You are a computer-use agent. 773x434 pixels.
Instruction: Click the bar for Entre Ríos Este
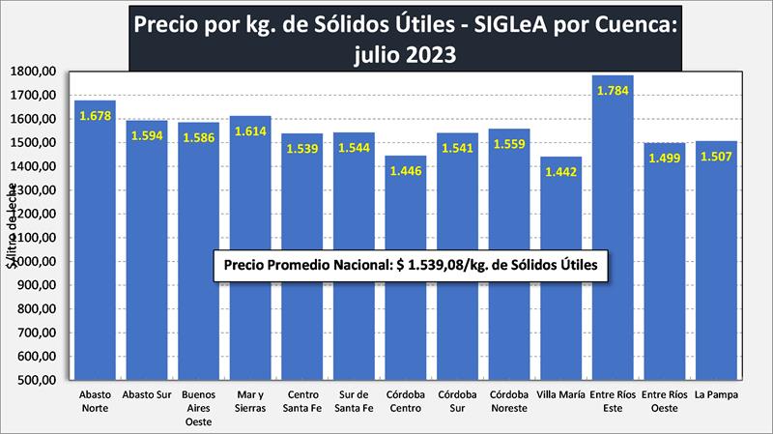pyautogui.click(x=613, y=232)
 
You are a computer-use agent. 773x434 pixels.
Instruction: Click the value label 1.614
pyautogui.click(x=250, y=131)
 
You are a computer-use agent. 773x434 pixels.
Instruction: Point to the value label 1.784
pyautogui.click(x=613, y=92)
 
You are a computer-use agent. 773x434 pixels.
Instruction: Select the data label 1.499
pyautogui.click(x=664, y=159)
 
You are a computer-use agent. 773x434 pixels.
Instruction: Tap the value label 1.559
pyautogui.click(x=508, y=144)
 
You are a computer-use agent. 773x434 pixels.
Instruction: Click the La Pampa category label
pyautogui.click(x=716, y=395)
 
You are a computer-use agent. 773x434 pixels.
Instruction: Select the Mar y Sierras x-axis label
pyautogui.click(x=250, y=401)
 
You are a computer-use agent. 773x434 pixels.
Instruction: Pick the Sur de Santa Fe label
pyautogui.click(x=354, y=401)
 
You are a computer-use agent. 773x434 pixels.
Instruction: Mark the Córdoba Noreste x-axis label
pyautogui.click(x=508, y=401)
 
